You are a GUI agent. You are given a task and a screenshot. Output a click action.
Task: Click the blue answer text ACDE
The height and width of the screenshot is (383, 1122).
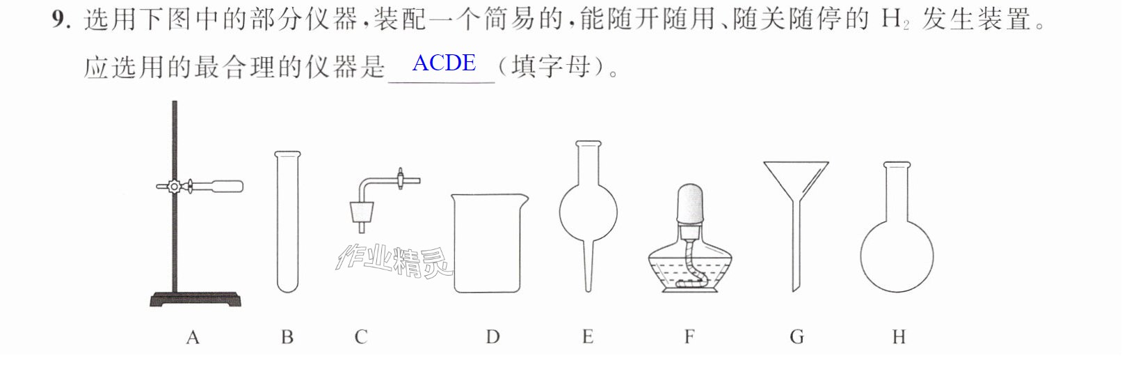click(x=444, y=63)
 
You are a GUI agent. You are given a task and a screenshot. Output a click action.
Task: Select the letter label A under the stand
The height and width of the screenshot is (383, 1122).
click(x=193, y=337)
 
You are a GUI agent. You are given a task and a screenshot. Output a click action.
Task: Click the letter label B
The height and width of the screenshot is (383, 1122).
click(x=287, y=337)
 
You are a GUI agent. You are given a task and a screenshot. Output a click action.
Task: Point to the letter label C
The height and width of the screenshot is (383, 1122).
click(x=360, y=337)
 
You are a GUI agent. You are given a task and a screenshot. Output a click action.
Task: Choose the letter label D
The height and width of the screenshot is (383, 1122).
click(x=493, y=337)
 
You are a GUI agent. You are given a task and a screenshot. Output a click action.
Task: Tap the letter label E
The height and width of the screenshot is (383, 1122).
click(x=588, y=336)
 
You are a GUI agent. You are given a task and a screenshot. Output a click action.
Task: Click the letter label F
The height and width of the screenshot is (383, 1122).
click(x=689, y=336)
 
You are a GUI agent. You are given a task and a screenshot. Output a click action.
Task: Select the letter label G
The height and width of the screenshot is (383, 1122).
click(x=797, y=337)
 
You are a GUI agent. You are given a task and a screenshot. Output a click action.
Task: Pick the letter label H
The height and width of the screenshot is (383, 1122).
click(x=899, y=337)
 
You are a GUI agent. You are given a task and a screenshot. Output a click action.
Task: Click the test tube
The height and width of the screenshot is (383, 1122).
click(x=287, y=221)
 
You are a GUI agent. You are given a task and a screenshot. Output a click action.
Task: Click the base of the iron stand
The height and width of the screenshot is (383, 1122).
click(x=195, y=299)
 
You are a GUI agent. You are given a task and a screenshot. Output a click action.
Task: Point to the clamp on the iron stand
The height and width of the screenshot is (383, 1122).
click(x=200, y=187)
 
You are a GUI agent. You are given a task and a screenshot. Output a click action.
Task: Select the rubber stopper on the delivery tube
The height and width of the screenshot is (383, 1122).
click(x=362, y=212)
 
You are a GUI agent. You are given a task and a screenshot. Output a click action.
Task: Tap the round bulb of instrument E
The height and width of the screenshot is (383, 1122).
click(x=588, y=212)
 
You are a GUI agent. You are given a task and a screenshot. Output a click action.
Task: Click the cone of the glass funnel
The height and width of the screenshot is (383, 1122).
click(x=796, y=180)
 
